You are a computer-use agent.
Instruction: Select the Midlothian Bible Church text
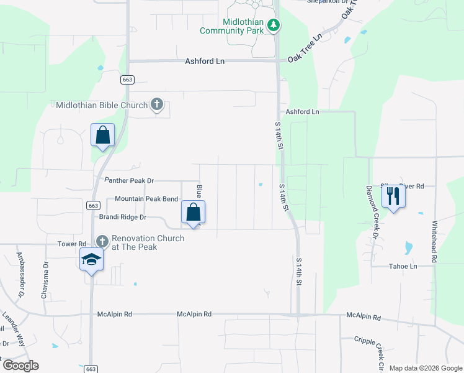click(x=102, y=105)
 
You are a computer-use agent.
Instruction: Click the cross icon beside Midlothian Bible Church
click(x=157, y=105)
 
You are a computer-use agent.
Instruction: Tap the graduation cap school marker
click(x=91, y=259)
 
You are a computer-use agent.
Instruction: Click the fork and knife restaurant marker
click(x=393, y=196)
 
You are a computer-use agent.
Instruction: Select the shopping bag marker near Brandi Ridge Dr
click(x=194, y=212)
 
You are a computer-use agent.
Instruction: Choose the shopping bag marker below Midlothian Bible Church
click(x=103, y=135)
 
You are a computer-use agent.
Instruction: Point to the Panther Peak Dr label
click(x=128, y=180)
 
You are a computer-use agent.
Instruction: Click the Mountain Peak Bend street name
click(x=146, y=199)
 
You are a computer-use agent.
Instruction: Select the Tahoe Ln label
click(x=403, y=265)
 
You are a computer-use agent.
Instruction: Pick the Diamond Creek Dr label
click(x=372, y=211)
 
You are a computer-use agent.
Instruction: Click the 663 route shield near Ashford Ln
click(x=128, y=80)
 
